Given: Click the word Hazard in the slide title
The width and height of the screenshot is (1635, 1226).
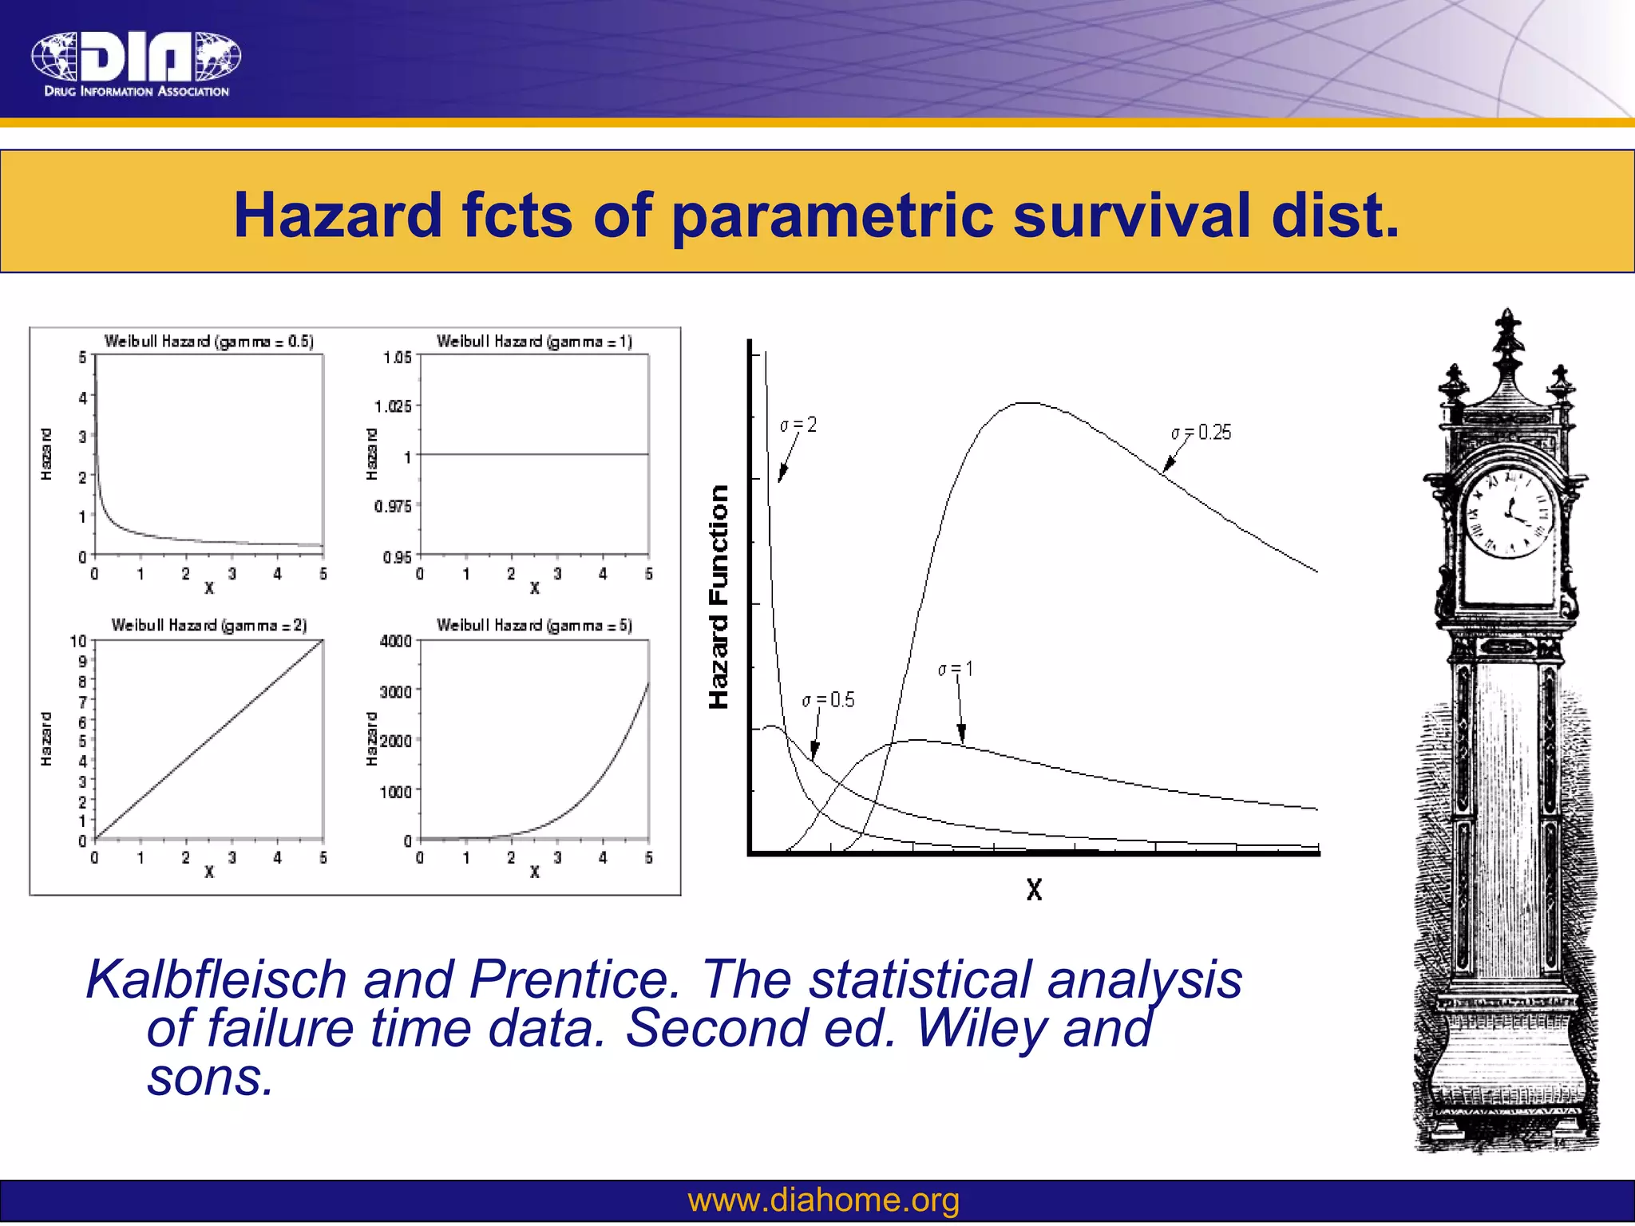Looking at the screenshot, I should (338, 216).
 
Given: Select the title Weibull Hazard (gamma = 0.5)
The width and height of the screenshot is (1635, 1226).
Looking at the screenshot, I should (209, 342).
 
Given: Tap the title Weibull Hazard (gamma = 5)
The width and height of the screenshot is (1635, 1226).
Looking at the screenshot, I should (534, 625).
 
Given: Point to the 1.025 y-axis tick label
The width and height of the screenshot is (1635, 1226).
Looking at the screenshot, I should (394, 406).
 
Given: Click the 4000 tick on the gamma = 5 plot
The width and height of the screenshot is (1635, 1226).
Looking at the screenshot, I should (395, 641).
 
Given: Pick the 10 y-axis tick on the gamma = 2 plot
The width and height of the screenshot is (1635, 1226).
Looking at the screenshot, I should (78, 641).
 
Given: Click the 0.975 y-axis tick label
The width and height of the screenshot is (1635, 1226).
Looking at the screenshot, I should (394, 506).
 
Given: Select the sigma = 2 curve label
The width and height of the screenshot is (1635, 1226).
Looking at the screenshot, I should (798, 425).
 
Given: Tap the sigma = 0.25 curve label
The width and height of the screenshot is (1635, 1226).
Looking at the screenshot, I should (1202, 433).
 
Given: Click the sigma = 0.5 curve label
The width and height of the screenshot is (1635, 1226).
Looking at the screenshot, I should (828, 700).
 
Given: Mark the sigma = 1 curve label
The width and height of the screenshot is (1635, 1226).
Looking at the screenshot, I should (956, 669).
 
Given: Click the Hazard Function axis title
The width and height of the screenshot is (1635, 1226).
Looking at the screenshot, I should (719, 596).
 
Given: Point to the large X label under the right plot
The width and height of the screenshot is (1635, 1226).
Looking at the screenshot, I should (1034, 889).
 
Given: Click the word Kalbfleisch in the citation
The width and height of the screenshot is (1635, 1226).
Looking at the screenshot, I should (216, 979).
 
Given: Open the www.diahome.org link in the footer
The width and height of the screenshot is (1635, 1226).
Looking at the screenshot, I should (823, 1200).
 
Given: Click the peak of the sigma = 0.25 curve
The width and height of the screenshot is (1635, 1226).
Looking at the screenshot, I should (1028, 403).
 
